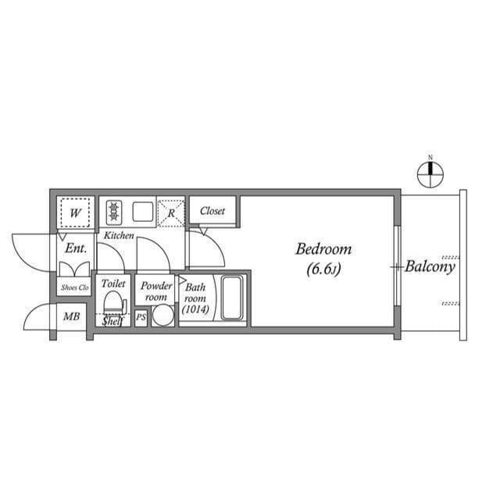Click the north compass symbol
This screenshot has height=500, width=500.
430,173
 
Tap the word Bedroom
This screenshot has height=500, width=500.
323,250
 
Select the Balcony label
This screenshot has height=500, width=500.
430,266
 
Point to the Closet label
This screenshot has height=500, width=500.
212,211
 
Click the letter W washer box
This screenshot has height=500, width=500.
76,212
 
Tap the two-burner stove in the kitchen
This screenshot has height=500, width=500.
114,212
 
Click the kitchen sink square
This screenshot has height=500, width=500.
142,212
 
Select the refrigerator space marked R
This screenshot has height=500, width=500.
170,212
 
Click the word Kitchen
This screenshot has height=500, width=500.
119,235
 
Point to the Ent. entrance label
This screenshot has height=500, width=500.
75,248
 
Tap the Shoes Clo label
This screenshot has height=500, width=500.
75,287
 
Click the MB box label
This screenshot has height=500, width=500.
72,316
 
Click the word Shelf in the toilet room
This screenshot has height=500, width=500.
114,321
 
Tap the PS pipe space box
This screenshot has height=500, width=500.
141,318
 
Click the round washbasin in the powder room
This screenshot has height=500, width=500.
162,315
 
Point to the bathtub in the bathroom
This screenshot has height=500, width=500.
233,297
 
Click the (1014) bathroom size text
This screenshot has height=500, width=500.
194,310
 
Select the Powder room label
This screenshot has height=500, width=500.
156,291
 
